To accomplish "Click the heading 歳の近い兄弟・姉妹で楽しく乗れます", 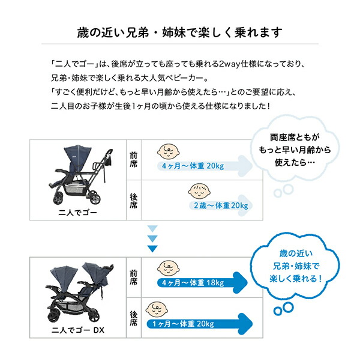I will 180,31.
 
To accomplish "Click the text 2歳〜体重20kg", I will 220,205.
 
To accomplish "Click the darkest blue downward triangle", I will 152,247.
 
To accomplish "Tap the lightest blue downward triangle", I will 152,229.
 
